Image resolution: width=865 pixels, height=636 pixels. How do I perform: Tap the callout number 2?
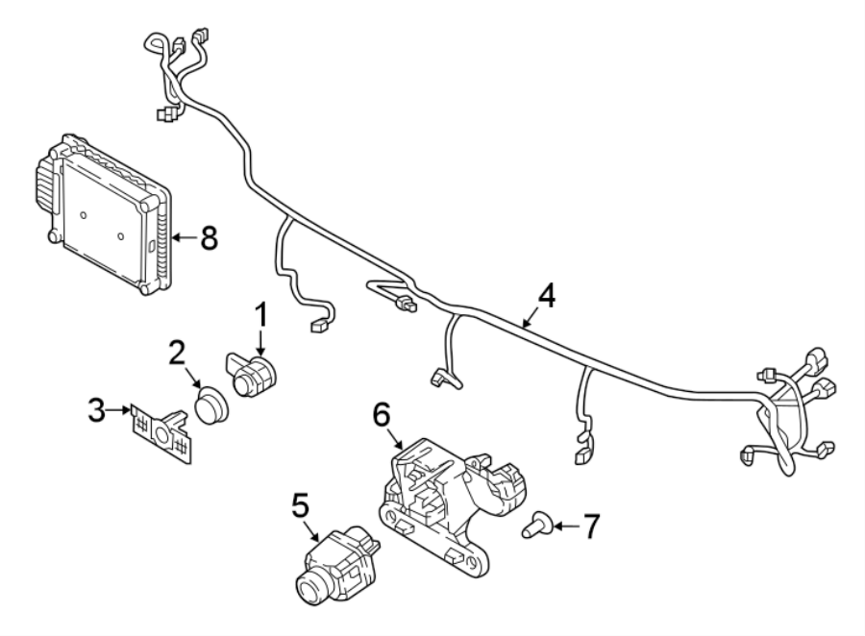pos(177,353)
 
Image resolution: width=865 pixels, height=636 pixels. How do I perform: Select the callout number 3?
pos(96,410)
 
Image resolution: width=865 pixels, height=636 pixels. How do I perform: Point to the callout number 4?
pos(546,296)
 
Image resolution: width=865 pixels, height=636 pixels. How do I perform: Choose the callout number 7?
pos(590,526)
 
